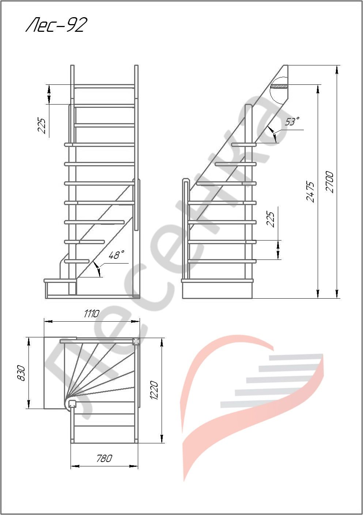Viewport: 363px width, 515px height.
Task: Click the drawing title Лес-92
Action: pos(56,25)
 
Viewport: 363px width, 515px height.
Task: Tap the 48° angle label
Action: pos(116,255)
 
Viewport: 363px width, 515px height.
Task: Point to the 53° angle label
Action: pos(292,121)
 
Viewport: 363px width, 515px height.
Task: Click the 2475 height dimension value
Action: pos(310,192)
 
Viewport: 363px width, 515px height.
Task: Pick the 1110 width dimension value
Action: pos(91,313)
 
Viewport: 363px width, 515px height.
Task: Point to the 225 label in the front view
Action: pos(42,126)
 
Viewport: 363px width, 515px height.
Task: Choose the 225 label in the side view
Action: pos(271,219)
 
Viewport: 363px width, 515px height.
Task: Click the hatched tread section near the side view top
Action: pos(279,87)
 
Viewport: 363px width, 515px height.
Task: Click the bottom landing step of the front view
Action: pos(60,281)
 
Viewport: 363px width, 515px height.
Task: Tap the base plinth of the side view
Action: pos(217,291)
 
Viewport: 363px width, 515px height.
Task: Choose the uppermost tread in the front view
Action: pos(104,86)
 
